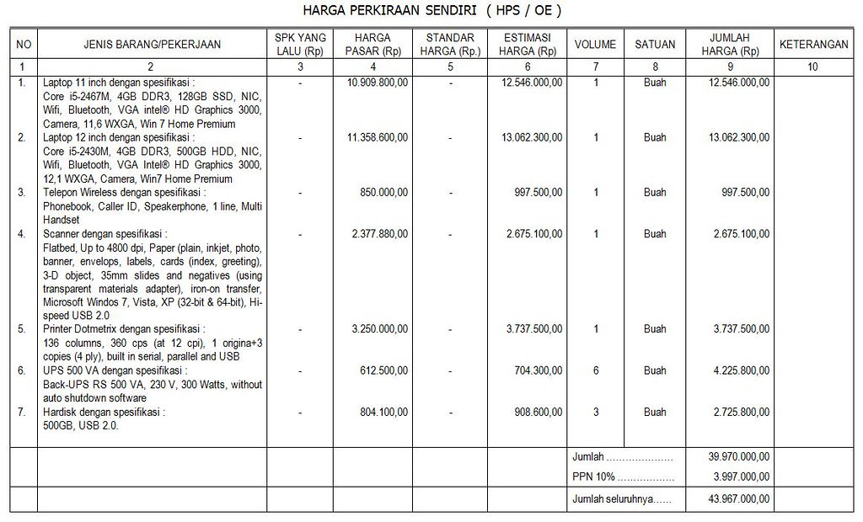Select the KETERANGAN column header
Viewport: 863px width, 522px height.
812,45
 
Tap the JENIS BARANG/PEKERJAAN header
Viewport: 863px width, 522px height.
150,45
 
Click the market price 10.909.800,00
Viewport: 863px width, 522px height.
378,83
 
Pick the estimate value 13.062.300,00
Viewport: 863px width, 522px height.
532,137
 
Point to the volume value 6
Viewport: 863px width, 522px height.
596,370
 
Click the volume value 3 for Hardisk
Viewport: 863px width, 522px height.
596,413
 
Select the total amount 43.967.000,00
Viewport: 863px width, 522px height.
739,499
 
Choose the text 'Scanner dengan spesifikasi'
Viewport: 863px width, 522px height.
105,234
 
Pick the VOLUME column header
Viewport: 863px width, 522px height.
595,45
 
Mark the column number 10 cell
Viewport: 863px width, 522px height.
812,67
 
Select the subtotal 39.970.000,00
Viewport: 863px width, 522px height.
739,457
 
